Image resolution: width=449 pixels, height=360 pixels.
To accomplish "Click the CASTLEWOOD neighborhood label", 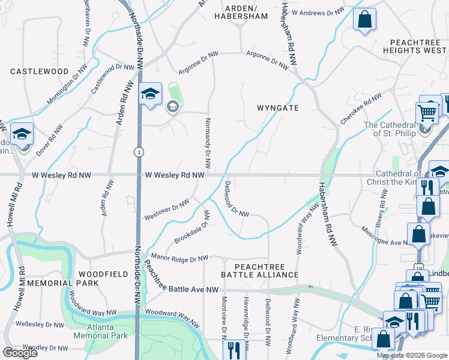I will [40, 71].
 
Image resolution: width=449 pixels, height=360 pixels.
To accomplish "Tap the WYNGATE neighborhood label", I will [277, 108].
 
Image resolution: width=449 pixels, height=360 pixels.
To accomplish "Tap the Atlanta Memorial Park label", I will [100, 331].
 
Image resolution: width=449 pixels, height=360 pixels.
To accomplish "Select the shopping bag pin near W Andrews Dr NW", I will [364, 20].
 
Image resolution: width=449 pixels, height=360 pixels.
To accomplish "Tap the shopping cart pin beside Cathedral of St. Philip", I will [426, 112].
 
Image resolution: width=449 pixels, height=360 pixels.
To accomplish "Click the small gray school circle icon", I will [172, 107].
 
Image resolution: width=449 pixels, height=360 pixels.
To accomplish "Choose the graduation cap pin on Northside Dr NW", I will [149, 94].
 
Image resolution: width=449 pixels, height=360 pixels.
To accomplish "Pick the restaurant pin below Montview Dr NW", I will [232, 349].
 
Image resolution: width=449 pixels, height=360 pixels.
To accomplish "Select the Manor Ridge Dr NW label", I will [179, 257].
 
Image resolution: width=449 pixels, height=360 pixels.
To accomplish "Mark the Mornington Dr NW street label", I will [62, 91].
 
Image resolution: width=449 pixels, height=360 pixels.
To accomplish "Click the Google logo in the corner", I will [20, 353].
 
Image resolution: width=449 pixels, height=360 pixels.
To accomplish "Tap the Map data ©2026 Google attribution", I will [411, 355].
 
